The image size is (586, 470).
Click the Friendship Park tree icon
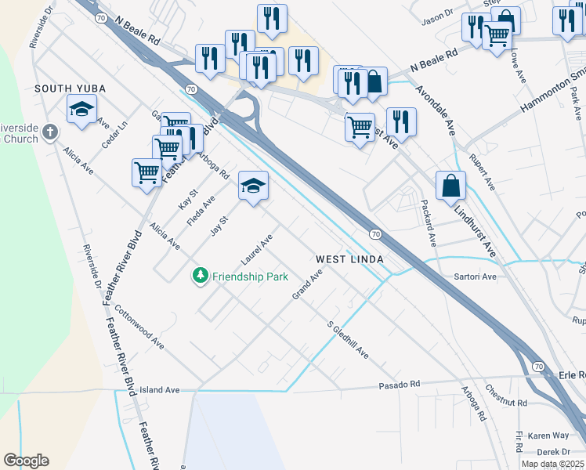201,276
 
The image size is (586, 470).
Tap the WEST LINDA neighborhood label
349,259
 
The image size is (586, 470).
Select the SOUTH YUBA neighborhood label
70,89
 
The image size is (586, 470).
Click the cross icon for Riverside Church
50,132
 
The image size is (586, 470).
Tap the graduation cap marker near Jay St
253,187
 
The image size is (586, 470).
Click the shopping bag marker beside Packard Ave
450,187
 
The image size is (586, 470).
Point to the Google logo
26,461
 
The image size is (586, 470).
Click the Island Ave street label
160,389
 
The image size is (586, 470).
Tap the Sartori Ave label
476,277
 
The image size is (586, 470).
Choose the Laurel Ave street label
257,248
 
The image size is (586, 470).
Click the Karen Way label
548,435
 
